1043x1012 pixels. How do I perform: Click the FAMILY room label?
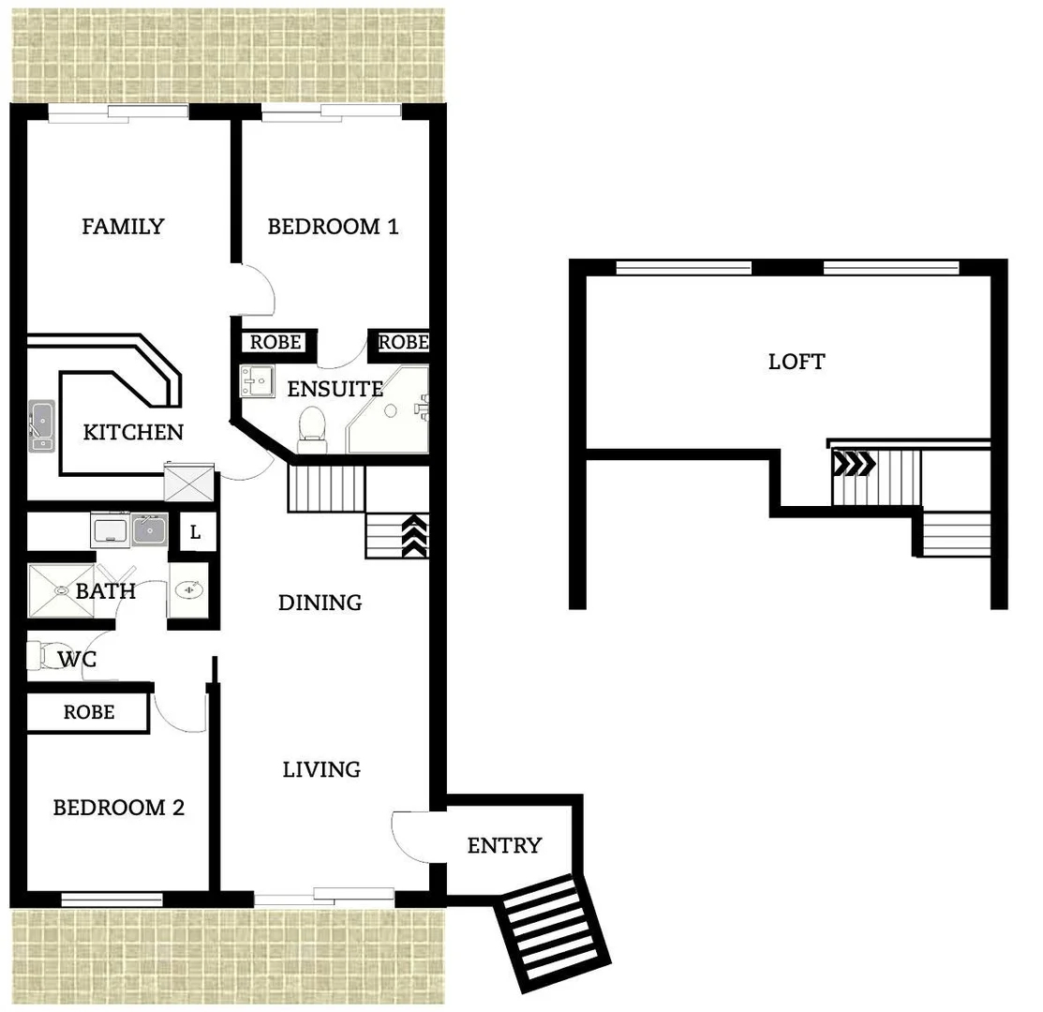(123, 227)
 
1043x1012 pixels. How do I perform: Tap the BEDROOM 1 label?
(333, 227)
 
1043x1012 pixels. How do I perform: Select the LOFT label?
(797, 362)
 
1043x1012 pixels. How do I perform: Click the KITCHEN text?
(133, 433)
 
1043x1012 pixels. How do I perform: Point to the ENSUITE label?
(335, 389)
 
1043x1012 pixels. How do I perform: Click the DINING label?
(320, 603)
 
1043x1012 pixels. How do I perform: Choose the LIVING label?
(321, 770)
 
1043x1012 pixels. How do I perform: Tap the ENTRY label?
(504, 846)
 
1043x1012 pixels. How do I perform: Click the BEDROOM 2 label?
(118, 808)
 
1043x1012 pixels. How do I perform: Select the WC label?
(77, 660)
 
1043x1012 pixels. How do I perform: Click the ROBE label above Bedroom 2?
(89, 712)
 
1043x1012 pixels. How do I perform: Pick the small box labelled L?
(195, 533)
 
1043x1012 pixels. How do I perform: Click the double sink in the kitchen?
(41, 425)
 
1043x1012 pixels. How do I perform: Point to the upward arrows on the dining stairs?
(414, 537)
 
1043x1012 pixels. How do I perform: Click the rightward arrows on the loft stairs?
(855, 463)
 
